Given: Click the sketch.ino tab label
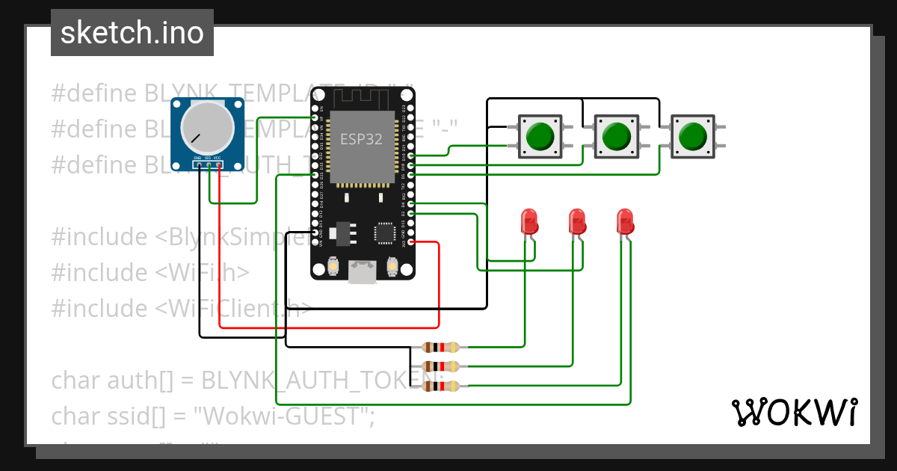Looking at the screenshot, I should pos(132,33).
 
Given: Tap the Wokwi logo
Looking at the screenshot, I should pos(794,412).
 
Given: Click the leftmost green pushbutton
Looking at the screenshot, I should pos(540,136).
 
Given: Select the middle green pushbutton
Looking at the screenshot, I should pos(616,136).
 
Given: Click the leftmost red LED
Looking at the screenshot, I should pos(529,221).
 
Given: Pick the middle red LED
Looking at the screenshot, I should pos(578,221).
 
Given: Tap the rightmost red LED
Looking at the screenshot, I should pos(626,221).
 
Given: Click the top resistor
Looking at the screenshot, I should pos(440,347).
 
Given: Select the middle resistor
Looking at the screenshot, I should pos(440,366).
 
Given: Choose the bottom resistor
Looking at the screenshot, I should pos(440,386).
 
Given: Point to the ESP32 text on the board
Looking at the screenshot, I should pos(363,139).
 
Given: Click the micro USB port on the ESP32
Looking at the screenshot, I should pos(363,272).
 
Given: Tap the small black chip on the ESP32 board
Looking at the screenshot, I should pos(386,233).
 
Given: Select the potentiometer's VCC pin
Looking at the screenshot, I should pos(218,164).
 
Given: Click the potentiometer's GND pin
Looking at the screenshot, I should pos(198,164).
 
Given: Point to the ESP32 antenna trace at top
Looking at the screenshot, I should pos(363,98).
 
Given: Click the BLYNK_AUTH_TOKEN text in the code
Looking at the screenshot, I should pos(306,381).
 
